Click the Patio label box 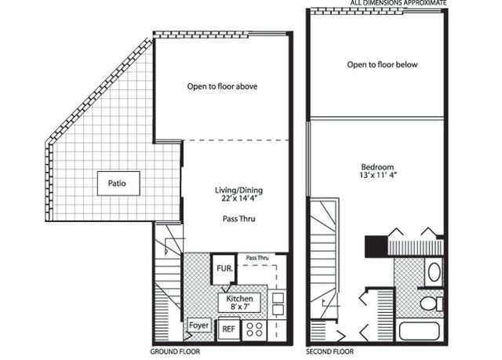118,184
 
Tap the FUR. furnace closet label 224,268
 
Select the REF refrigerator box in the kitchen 228,329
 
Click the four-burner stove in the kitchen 254,329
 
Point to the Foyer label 198,325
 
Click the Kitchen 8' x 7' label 239,303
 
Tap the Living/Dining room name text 238,190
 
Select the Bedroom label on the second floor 377,167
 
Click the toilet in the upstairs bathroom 431,304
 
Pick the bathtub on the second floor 420,331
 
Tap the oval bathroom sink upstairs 434,272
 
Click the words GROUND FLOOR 175,351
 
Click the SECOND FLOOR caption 330,351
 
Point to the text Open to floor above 222,86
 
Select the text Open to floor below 382,64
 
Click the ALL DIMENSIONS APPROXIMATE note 398,3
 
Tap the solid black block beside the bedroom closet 376,246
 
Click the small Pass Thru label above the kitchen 257,257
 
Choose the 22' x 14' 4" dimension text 239,198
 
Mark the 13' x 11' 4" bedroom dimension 378,175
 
